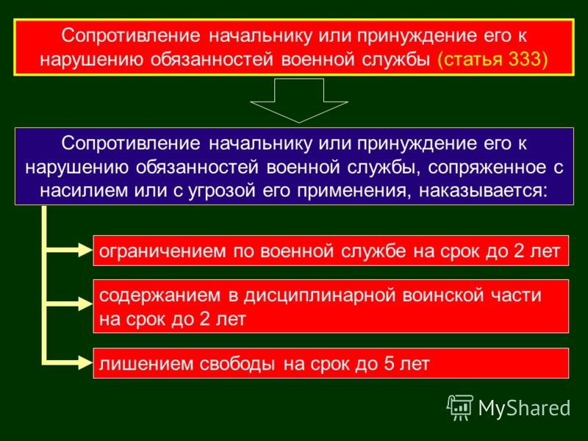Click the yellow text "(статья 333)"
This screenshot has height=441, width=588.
[x=492, y=60]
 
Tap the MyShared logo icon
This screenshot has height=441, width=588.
[x=460, y=408]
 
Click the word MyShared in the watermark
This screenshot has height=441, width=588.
[x=524, y=408]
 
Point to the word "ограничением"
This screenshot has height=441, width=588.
[x=162, y=251]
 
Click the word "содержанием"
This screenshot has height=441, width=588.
[x=159, y=296]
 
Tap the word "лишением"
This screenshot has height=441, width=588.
[x=146, y=364]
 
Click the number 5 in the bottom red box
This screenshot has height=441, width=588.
[x=389, y=364]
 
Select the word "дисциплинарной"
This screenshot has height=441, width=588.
[x=320, y=296]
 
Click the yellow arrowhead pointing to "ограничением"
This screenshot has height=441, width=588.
[x=85, y=250]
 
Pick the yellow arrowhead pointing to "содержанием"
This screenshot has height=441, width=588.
[x=85, y=304]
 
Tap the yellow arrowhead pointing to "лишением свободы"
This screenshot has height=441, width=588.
[x=85, y=362]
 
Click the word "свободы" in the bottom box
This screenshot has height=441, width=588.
[x=237, y=364]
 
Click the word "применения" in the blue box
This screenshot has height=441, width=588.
[x=351, y=191]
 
